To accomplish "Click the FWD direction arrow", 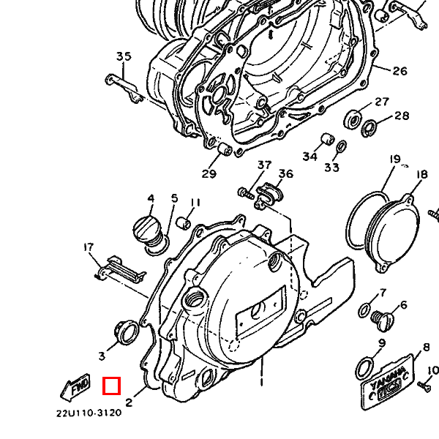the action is click(75, 387).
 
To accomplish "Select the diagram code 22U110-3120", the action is click(89, 413).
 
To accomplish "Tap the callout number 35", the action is click(124, 56).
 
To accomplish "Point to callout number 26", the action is click(400, 71).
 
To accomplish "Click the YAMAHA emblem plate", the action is click(387, 382).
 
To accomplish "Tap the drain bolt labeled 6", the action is click(383, 320).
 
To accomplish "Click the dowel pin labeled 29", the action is click(225, 149).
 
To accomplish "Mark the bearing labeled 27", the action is click(353, 119).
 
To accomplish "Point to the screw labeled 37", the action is click(246, 193).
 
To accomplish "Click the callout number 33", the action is click(331, 168).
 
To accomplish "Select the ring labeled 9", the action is click(364, 369).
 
